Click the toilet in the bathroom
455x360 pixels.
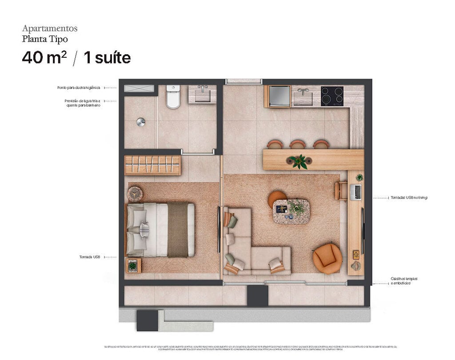[173, 97]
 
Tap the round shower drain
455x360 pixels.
[141, 122]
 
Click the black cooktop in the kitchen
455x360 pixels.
[332, 96]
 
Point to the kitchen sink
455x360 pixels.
[304, 95]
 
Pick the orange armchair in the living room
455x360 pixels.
[327, 259]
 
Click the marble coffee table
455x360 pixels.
[291, 211]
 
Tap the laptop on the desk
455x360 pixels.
[356, 192]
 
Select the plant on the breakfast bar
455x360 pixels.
[299, 161]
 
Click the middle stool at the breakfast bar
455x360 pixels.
[297, 144]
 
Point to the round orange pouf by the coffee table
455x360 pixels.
[277, 198]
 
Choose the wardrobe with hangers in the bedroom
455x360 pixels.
[152, 165]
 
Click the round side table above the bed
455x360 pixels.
[135, 194]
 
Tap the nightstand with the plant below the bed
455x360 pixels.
[133, 266]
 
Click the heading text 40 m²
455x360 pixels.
[44, 58]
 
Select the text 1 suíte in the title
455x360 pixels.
[107, 58]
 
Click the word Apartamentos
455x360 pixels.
[50, 28]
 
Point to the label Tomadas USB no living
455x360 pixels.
[409, 197]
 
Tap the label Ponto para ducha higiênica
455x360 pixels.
[79, 88]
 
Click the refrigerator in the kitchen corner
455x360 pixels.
[277, 96]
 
